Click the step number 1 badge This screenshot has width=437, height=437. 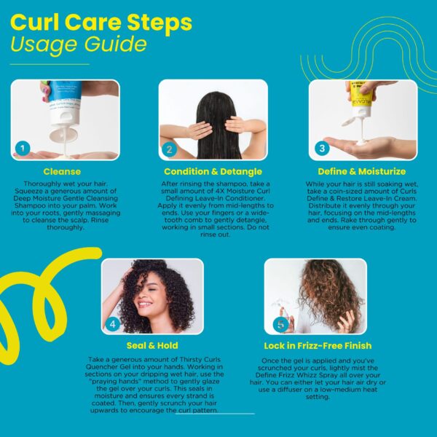click(23, 149)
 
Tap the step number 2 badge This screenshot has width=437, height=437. click(169, 149)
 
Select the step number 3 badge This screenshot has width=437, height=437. click(322, 148)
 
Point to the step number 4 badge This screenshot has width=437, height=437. click(113, 324)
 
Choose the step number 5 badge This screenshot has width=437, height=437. click(280, 324)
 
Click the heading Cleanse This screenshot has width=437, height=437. click(62, 171)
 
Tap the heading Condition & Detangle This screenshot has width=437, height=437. click(213, 171)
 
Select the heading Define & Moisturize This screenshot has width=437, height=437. click(362, 171)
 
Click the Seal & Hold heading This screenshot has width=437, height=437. click(152, 345)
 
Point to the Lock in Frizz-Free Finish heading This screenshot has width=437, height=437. click(318, 346)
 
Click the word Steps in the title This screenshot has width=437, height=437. click(160, 23)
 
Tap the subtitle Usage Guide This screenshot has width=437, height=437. click(79, 44)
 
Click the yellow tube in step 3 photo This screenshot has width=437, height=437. click(361, 98)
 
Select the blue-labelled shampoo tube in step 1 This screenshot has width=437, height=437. click(64, 103)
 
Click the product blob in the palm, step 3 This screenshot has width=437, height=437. click(362, 143)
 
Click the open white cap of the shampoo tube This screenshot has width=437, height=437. click(63, 135)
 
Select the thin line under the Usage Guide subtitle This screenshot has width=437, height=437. click(50, 64)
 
